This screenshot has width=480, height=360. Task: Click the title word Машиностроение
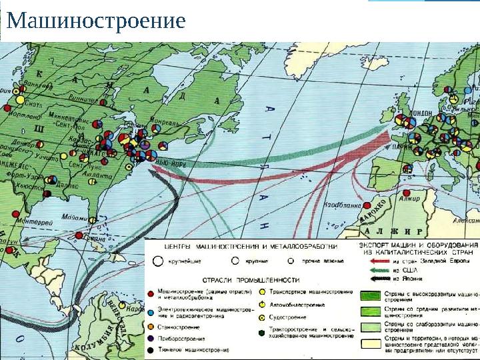tap(96, 22)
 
